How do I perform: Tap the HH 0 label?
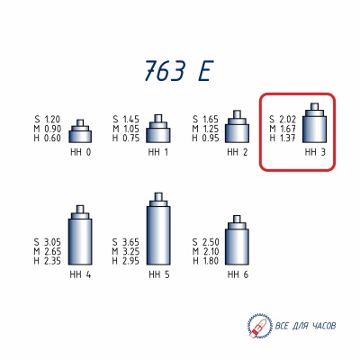pyautogui.click(x=80, y=153)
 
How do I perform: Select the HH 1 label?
pyautogui.click(x=159, y=153)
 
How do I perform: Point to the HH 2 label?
pyautogui.click(x=238, y=153)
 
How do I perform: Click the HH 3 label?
pyautogui.click(x=314, y=153)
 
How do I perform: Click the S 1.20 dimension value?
pyautogui.click(x=48, y=120)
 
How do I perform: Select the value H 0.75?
pyautogui.click(x=126, y=138)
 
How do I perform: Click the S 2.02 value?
pyautogui.click(x=283, y=120)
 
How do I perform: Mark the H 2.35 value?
pyautogui.click(x=48, y=261)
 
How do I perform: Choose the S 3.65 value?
pyautogui.click(x=126, y=243)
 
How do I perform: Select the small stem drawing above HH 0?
pyautogui.click(x=81, y=131)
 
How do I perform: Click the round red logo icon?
pyautogui.click(x=256, y=323)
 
